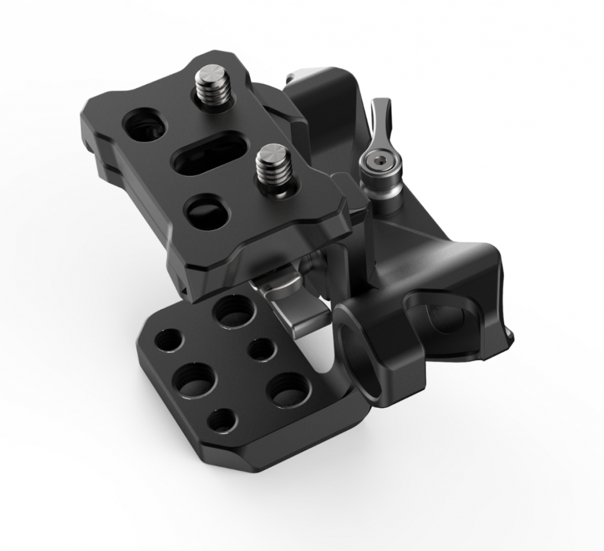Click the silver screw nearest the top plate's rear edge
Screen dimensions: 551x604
click(x=211, y=88)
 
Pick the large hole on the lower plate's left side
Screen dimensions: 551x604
click(x=195, y=379)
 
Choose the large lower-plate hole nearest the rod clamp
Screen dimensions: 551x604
click(x=288, y=389)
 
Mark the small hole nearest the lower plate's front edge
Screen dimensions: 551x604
click(x=223, y=419)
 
